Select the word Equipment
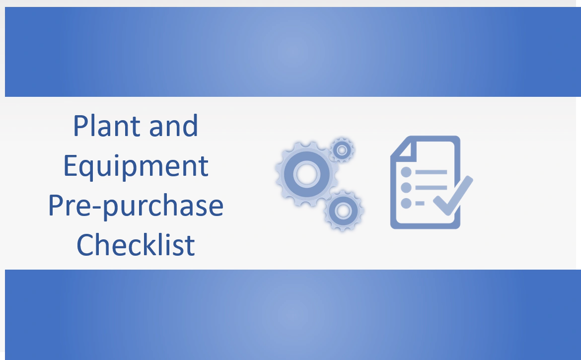point(136,166)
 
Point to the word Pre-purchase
point(136,206)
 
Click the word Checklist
point(136,245)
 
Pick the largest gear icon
point(302,173)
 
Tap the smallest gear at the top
point(342,149)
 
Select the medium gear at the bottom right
point(343,211)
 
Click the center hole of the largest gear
point(302,173)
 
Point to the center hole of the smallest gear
point(342,149)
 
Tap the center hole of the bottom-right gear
point(343,211)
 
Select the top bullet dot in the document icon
point(406,172)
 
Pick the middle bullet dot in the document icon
point(406,188)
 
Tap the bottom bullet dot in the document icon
point(406,203)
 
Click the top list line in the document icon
point(431,172)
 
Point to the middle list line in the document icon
point(431,188)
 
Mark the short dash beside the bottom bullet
point(420,203)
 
